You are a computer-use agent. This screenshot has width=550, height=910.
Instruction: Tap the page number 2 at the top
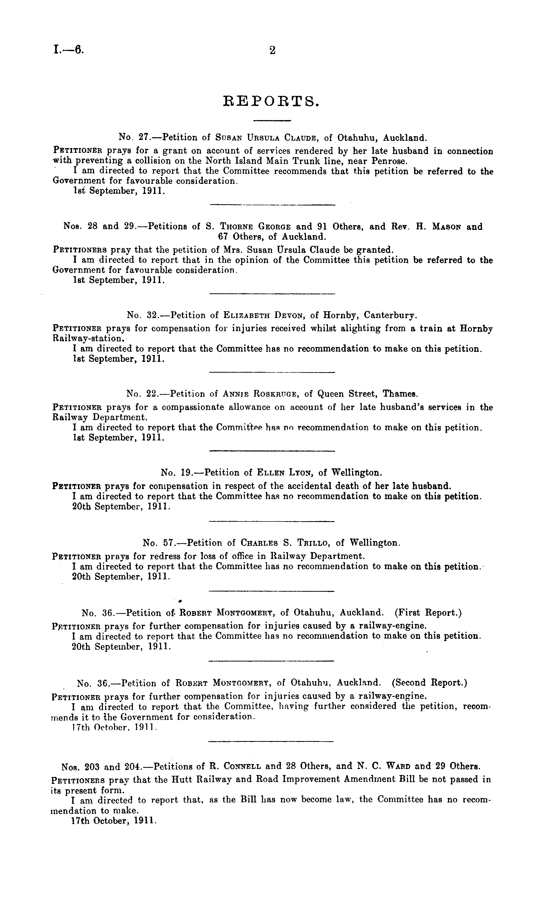(x=272, y=50)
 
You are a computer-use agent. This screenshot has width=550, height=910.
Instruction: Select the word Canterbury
(x=390, y=316)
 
